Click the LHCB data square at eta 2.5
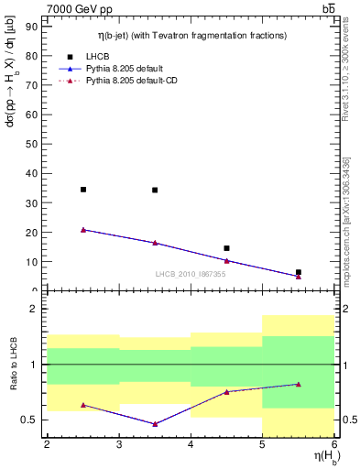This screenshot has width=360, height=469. pos(83,190)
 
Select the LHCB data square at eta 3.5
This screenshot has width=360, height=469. pos(155,191)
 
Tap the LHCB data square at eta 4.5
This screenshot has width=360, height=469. pos(226,248)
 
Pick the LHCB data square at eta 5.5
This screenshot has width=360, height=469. pos(299,272)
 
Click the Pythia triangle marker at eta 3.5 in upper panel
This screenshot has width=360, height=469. pos(155,243)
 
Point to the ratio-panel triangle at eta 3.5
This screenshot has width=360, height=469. pos(155,424)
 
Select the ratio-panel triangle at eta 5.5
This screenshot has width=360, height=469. pos(299,384)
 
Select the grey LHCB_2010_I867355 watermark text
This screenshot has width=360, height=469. pos(191,274)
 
